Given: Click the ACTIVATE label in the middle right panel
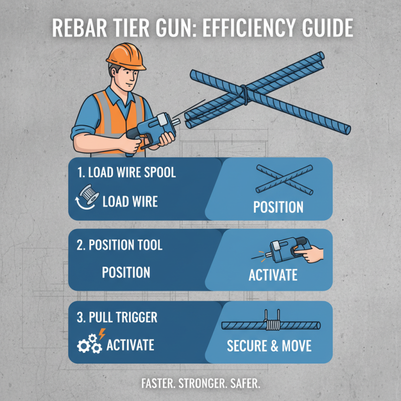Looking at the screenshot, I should (x=273, y=275).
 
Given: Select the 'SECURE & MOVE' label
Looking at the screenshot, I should (x=269, y=346).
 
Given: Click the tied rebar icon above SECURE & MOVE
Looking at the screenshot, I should (x=271, y=324).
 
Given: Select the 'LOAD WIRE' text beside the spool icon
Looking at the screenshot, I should (x=130, y=202).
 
